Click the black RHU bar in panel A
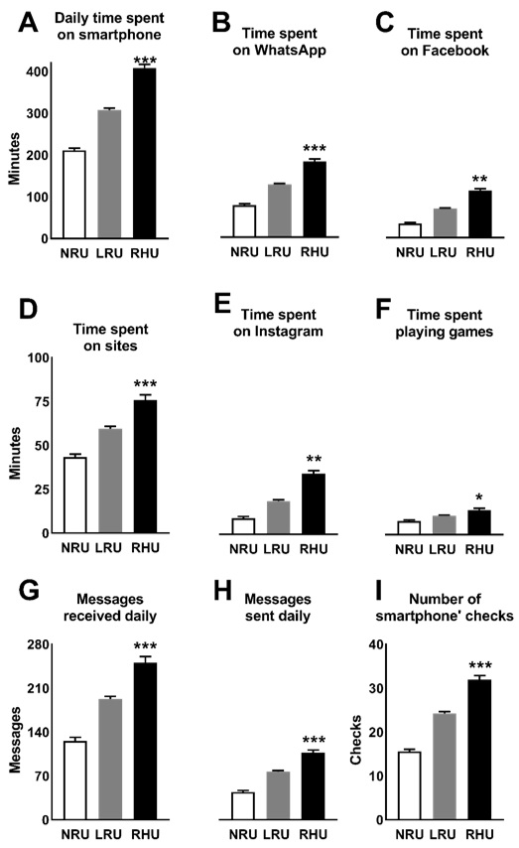click(x=145, y=154)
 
